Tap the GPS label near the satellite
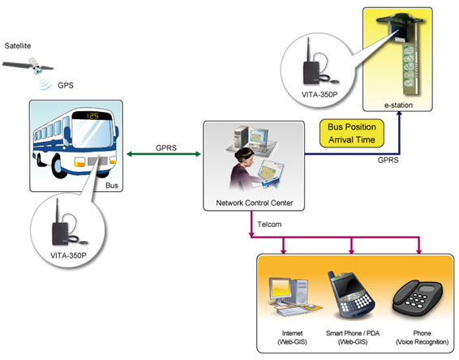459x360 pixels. [x=66, y=85]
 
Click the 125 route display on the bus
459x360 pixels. [x=92, y=116]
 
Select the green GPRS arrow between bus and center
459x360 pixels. [x=163, y=154]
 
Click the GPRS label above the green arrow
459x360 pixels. [x=166, y=148]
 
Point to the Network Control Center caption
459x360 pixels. [x=255, y=203]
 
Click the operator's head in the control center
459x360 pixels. [x=245, y=155]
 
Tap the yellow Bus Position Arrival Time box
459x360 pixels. [x=352, y=133]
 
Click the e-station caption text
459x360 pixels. [x=398, y=105]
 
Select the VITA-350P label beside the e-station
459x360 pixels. [x=320, y=95]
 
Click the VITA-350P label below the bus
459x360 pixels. [x=68, y=255]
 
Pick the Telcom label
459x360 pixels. [x=269, y=225]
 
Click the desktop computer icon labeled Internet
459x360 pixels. [x=293, y=297]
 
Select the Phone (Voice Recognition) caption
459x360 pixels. [x=422, y=337]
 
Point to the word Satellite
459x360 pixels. [x=18, y=45]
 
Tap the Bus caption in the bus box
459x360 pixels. [x=112, y=186]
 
